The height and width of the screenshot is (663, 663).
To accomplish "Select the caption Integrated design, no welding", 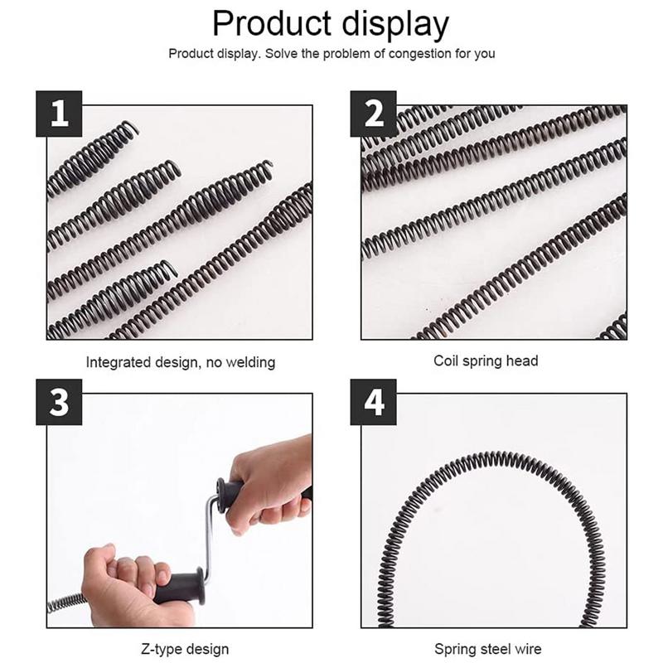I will coord(180,362).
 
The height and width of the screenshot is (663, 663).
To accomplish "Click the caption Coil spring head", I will coord(486,361).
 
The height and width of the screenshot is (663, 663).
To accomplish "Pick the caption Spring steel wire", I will coord(489,648).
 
